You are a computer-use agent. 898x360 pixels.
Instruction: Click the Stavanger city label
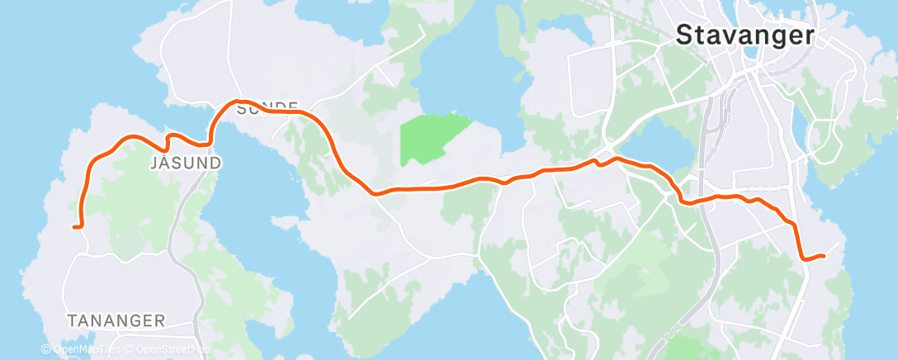[745, 35]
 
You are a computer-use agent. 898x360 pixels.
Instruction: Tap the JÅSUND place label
[187, 163]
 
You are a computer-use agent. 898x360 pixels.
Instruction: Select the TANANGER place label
[116, 320]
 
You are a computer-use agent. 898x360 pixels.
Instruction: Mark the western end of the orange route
[75, 226]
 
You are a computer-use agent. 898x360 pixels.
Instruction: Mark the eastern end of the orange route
[824, 256]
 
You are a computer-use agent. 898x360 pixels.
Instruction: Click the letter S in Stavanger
[684, 34]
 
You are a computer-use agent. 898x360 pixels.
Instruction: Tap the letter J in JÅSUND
[155, 163]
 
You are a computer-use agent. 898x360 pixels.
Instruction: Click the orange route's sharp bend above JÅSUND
[171, 135]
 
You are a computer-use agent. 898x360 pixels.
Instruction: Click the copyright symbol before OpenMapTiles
[46, 349]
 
